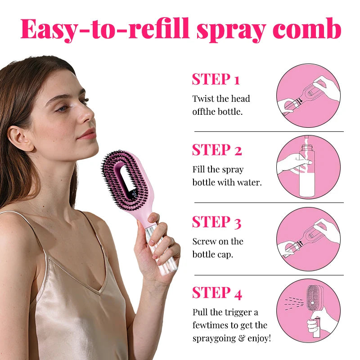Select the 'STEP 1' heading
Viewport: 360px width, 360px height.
click(x=216, y=79)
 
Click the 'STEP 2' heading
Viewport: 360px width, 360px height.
click(x=217, y=150)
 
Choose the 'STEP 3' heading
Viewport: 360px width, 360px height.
click(x=216, y=222)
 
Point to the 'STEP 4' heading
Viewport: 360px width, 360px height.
click(x=217, y=293)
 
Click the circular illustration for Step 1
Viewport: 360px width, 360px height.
click(x=308, y=95)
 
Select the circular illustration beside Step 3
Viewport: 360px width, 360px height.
click(x=308, y=239)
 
